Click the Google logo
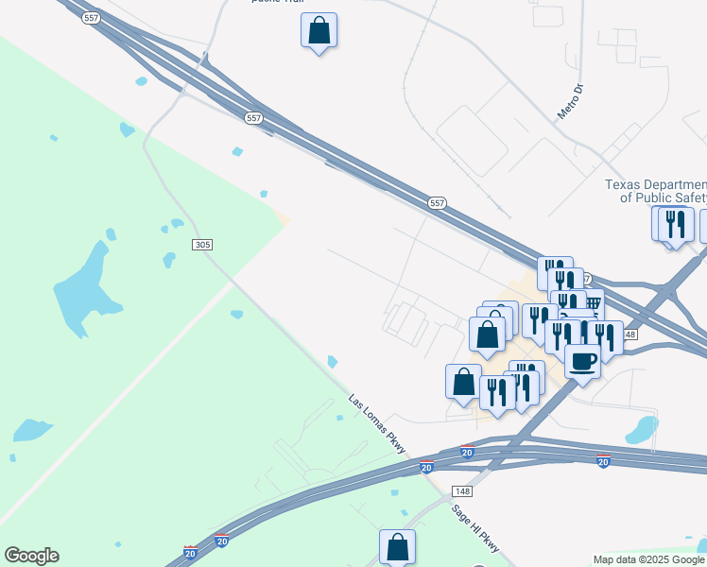[x=31, y=556]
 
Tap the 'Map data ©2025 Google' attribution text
[x=649, y=559]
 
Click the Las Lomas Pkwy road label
[x=377, y=423]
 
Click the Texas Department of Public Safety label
[x=656, y=191]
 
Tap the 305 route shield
[x=201, y=245]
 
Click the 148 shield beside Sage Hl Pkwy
[x=462, y=491]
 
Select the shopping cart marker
[x=593, y=304]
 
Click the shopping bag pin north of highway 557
[x=319, y=30]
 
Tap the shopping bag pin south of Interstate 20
[x=397, y=546]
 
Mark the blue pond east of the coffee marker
[x=643, y=430]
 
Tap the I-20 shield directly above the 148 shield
[x=467, y=454]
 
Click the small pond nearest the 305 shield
[x=170, y=258]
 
